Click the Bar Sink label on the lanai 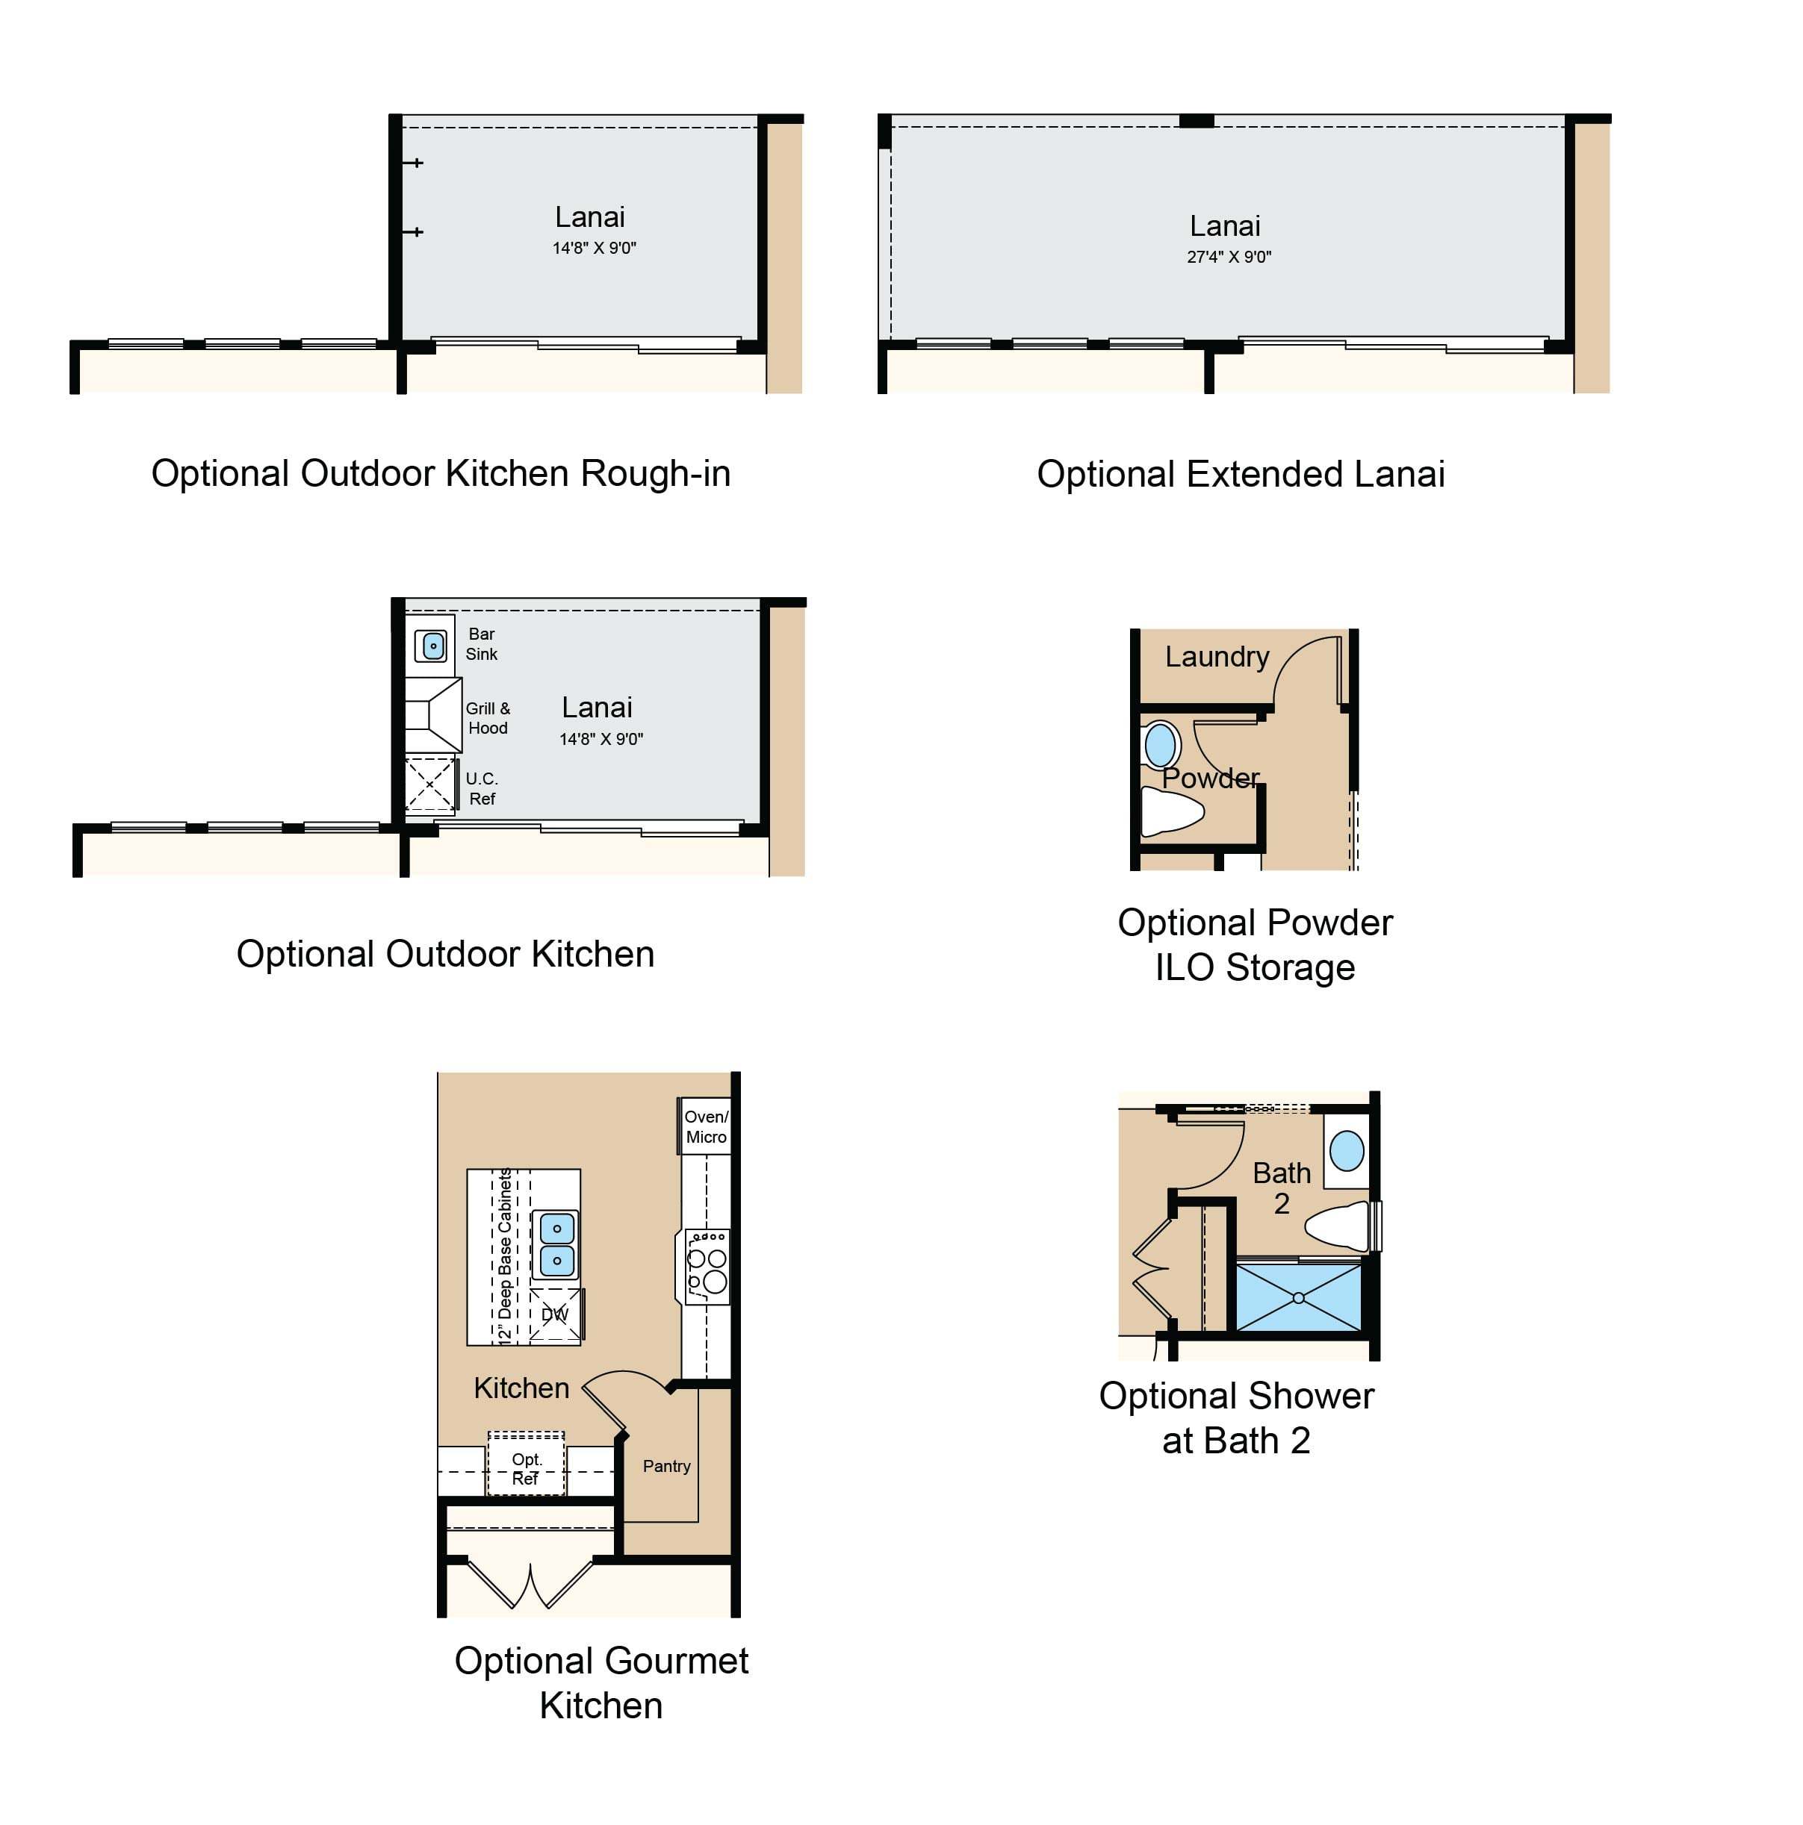481,643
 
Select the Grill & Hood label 488,718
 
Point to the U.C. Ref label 482,787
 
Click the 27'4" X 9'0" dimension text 1229,257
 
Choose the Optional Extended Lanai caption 1241,474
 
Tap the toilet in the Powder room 1173,811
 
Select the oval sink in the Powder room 1161,744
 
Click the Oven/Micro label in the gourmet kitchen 706,1126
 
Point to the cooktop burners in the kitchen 707,1266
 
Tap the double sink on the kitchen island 556,1244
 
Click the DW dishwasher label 555,1314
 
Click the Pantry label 666,1465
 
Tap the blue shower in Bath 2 1298,1298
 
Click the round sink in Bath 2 1346,1150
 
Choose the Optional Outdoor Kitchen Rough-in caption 441,473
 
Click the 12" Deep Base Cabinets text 505,1255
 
